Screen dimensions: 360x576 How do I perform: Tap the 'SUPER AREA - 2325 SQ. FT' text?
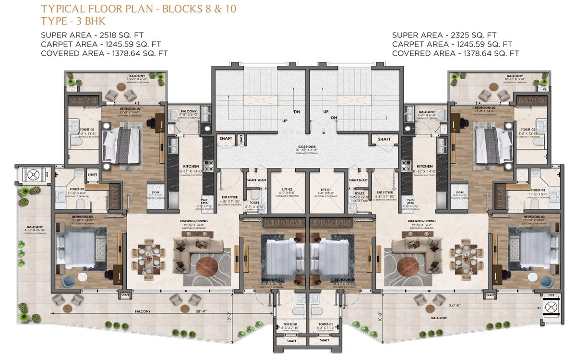point(444,35)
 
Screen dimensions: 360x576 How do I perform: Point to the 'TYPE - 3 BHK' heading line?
point(73,21)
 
